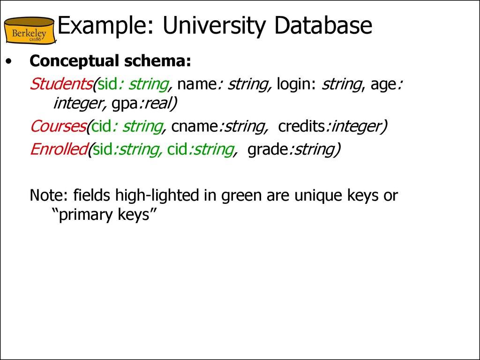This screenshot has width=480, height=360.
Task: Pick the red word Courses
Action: coord(58,126)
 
